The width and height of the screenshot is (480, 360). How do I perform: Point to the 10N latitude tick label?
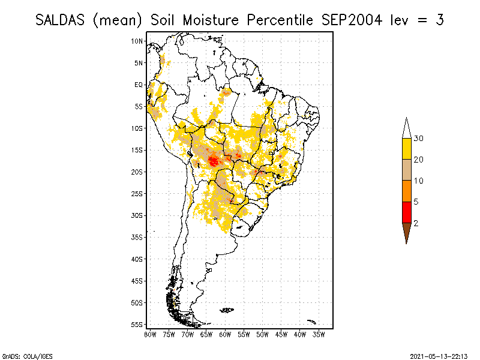tap(137, 41)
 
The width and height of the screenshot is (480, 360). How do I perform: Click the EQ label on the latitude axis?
tap(139, 85)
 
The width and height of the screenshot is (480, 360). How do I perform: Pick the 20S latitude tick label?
tap(137, 172)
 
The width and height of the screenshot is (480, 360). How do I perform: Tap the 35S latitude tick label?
tap(137, 237)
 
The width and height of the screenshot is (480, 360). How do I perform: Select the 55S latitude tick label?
tap(137, 324)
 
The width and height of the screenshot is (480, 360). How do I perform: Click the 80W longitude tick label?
tap(150, 334)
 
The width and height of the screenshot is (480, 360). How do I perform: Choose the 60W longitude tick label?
tap(225, 334)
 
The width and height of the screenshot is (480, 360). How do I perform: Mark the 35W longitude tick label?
tap(319, 334)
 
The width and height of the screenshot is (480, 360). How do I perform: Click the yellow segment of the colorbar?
tap(406, 149)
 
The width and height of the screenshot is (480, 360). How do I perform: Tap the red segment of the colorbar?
tap(406, 212)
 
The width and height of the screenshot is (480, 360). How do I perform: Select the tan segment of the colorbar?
tap(406, 170)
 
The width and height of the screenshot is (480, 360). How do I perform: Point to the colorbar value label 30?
tap(419, 139)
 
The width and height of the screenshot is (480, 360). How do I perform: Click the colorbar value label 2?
tap(416, 223)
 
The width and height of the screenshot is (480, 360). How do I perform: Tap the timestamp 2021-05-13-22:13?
tap(439, 355)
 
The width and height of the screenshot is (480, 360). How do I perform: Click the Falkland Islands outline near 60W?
tap(227, 310)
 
